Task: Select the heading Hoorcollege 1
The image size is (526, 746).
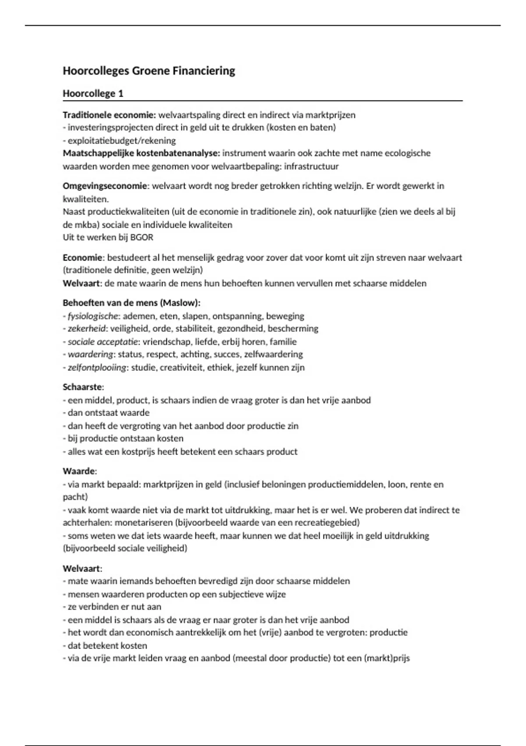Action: [93, 93]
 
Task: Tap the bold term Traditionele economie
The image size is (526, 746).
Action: [109, 115]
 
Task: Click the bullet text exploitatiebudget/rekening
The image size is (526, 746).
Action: [121, 141]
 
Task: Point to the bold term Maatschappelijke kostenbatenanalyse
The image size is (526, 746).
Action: [141, 153]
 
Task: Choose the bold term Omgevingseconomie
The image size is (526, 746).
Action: [105, 186]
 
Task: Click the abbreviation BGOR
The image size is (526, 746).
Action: [142, 237]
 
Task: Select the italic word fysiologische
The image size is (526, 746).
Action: [93, 316]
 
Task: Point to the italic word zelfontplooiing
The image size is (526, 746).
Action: [96, 367]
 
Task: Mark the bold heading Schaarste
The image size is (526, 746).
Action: [83, 387]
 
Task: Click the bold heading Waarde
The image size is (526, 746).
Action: [79, 471]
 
